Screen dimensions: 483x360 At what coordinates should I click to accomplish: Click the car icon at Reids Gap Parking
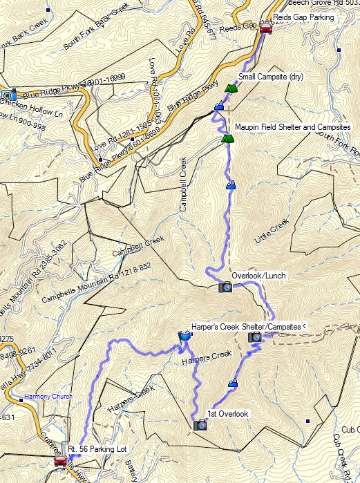pos(265,28)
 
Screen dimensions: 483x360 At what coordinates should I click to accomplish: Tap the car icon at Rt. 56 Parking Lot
pos(61,462)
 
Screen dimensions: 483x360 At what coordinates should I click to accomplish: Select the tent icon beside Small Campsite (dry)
pos(230,88)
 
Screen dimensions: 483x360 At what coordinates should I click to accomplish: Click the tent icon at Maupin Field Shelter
pos(226,139)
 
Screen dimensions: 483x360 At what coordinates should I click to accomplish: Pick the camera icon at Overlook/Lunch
pos(225,287)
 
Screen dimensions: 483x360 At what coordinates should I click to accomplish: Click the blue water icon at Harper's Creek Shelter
pos(184,337)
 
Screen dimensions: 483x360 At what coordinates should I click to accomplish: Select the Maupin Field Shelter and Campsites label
pos(292,127)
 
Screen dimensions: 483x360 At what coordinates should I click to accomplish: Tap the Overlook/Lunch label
pos(259,276)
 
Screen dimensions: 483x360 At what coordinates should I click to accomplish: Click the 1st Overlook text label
pos(228,414)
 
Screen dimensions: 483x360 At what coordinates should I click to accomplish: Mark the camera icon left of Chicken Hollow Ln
pos(9,95)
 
